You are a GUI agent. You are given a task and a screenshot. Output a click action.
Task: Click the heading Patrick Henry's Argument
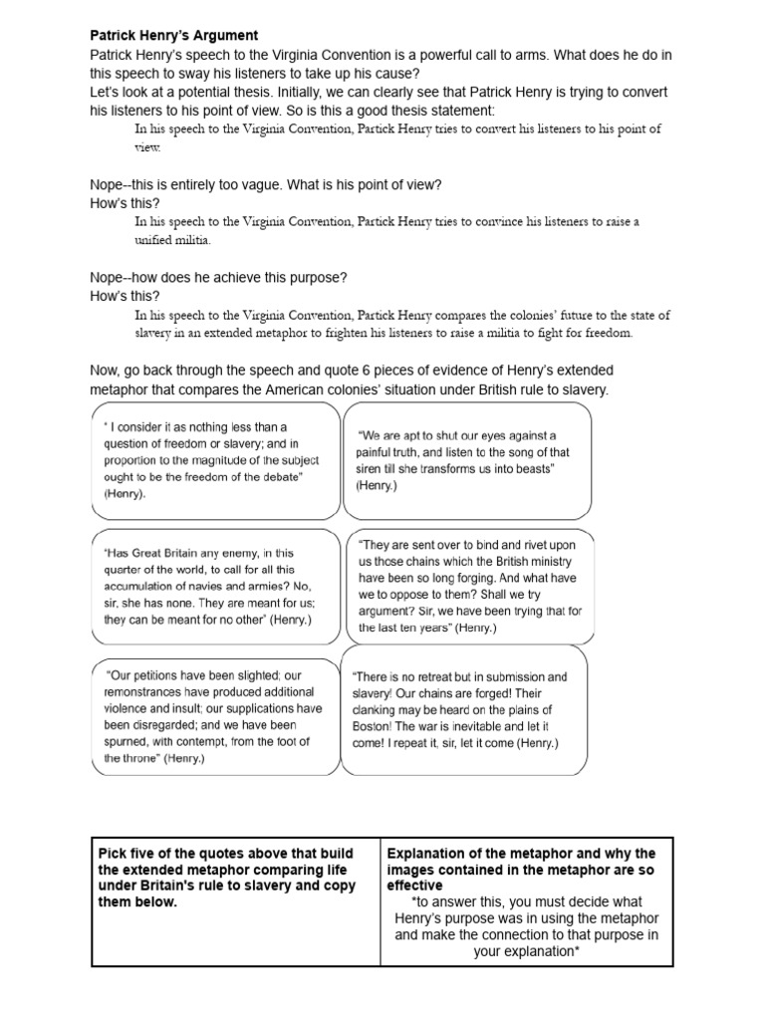[x=174, y=36]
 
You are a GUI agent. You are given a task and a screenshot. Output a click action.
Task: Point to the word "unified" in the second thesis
[x=158, y=240]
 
